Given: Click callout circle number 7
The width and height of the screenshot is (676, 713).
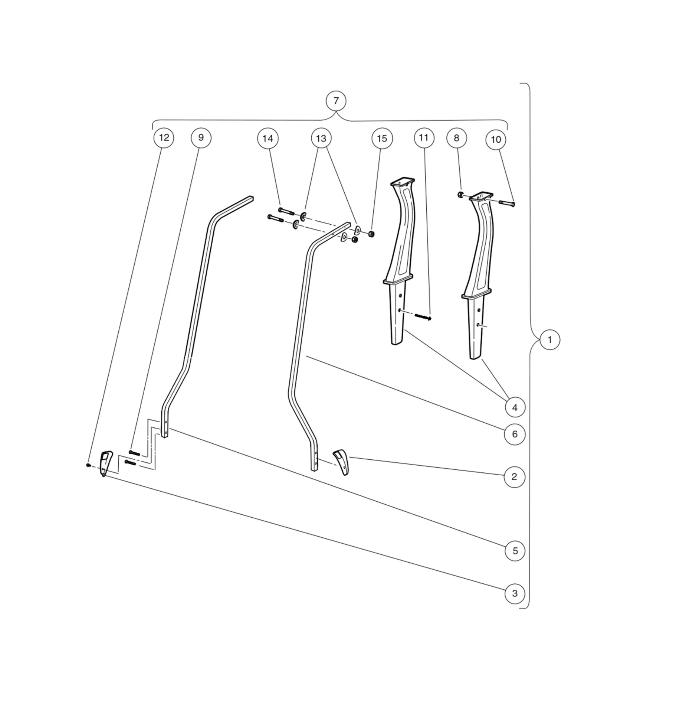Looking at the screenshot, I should click(x=336, y=101).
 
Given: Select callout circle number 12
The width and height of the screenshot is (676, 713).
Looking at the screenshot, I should click(x=164, y=138).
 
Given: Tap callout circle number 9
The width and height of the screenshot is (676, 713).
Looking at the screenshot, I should click(x=201, y=138).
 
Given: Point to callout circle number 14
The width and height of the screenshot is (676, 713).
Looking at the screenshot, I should click(x=268, y=139).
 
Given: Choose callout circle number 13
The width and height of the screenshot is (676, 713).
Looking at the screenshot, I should click(x=321, y=139).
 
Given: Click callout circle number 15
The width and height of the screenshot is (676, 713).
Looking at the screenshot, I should click(x=382, y=139).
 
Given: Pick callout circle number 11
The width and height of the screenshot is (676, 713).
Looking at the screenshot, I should click(x=424, y=138).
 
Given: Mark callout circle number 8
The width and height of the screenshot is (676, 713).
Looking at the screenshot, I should click(x=456, y=138).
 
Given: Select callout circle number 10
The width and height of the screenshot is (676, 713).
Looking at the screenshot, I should click(x=496, y=140).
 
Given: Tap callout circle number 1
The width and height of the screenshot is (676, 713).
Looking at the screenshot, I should click(x=549, y=340).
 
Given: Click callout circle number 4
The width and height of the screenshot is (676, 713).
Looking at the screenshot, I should click(x=515, y=407).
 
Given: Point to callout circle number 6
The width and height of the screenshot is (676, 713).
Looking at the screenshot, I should click(x=515, y=434).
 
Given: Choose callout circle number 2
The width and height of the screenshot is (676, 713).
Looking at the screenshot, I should click(x=514, y=477).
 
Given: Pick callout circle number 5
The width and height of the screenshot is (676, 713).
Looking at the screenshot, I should click(x=515, y=551).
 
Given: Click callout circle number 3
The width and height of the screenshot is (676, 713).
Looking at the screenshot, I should click(x=515, y=593).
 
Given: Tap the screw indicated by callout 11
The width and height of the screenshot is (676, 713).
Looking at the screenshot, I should click(x=423, y=317).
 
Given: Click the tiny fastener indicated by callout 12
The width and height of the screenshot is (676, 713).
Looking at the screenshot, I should click(x=88, y=465).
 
